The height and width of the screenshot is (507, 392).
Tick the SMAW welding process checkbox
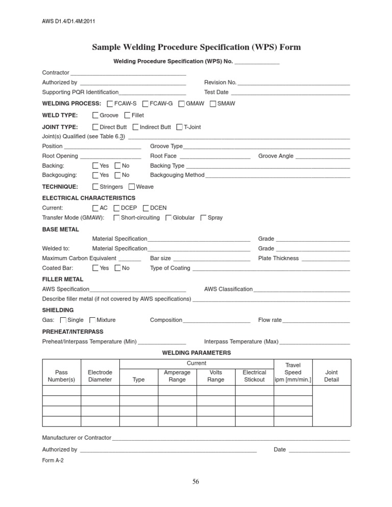click(x=213, y=104)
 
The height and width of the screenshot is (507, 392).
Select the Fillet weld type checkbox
click(x=128, y=115)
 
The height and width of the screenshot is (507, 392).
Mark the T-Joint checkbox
click(x=180, y=127)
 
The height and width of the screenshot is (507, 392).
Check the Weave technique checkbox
click(x=132, y=187)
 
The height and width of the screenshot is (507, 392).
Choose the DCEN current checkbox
click(x=146, y=208)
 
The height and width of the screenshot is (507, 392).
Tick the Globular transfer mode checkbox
click(x=168, y=218)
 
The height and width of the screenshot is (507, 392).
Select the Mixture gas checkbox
click(x=92, y=320)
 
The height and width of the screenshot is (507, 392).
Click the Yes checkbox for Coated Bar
click(x=95, y=268)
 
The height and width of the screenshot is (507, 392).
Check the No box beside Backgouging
click(x=118, y=175)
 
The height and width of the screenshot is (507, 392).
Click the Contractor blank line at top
click(x=129, y=73)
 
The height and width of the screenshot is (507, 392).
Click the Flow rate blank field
click(x=316, y=320)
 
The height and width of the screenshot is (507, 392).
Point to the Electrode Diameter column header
click(x=100, y=376)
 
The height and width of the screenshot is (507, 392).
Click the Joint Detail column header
click(x=331, y=376)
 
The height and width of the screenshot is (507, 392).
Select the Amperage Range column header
click(x=177, y=376)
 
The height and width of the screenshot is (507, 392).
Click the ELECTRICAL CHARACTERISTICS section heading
click(x=88, y=198)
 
